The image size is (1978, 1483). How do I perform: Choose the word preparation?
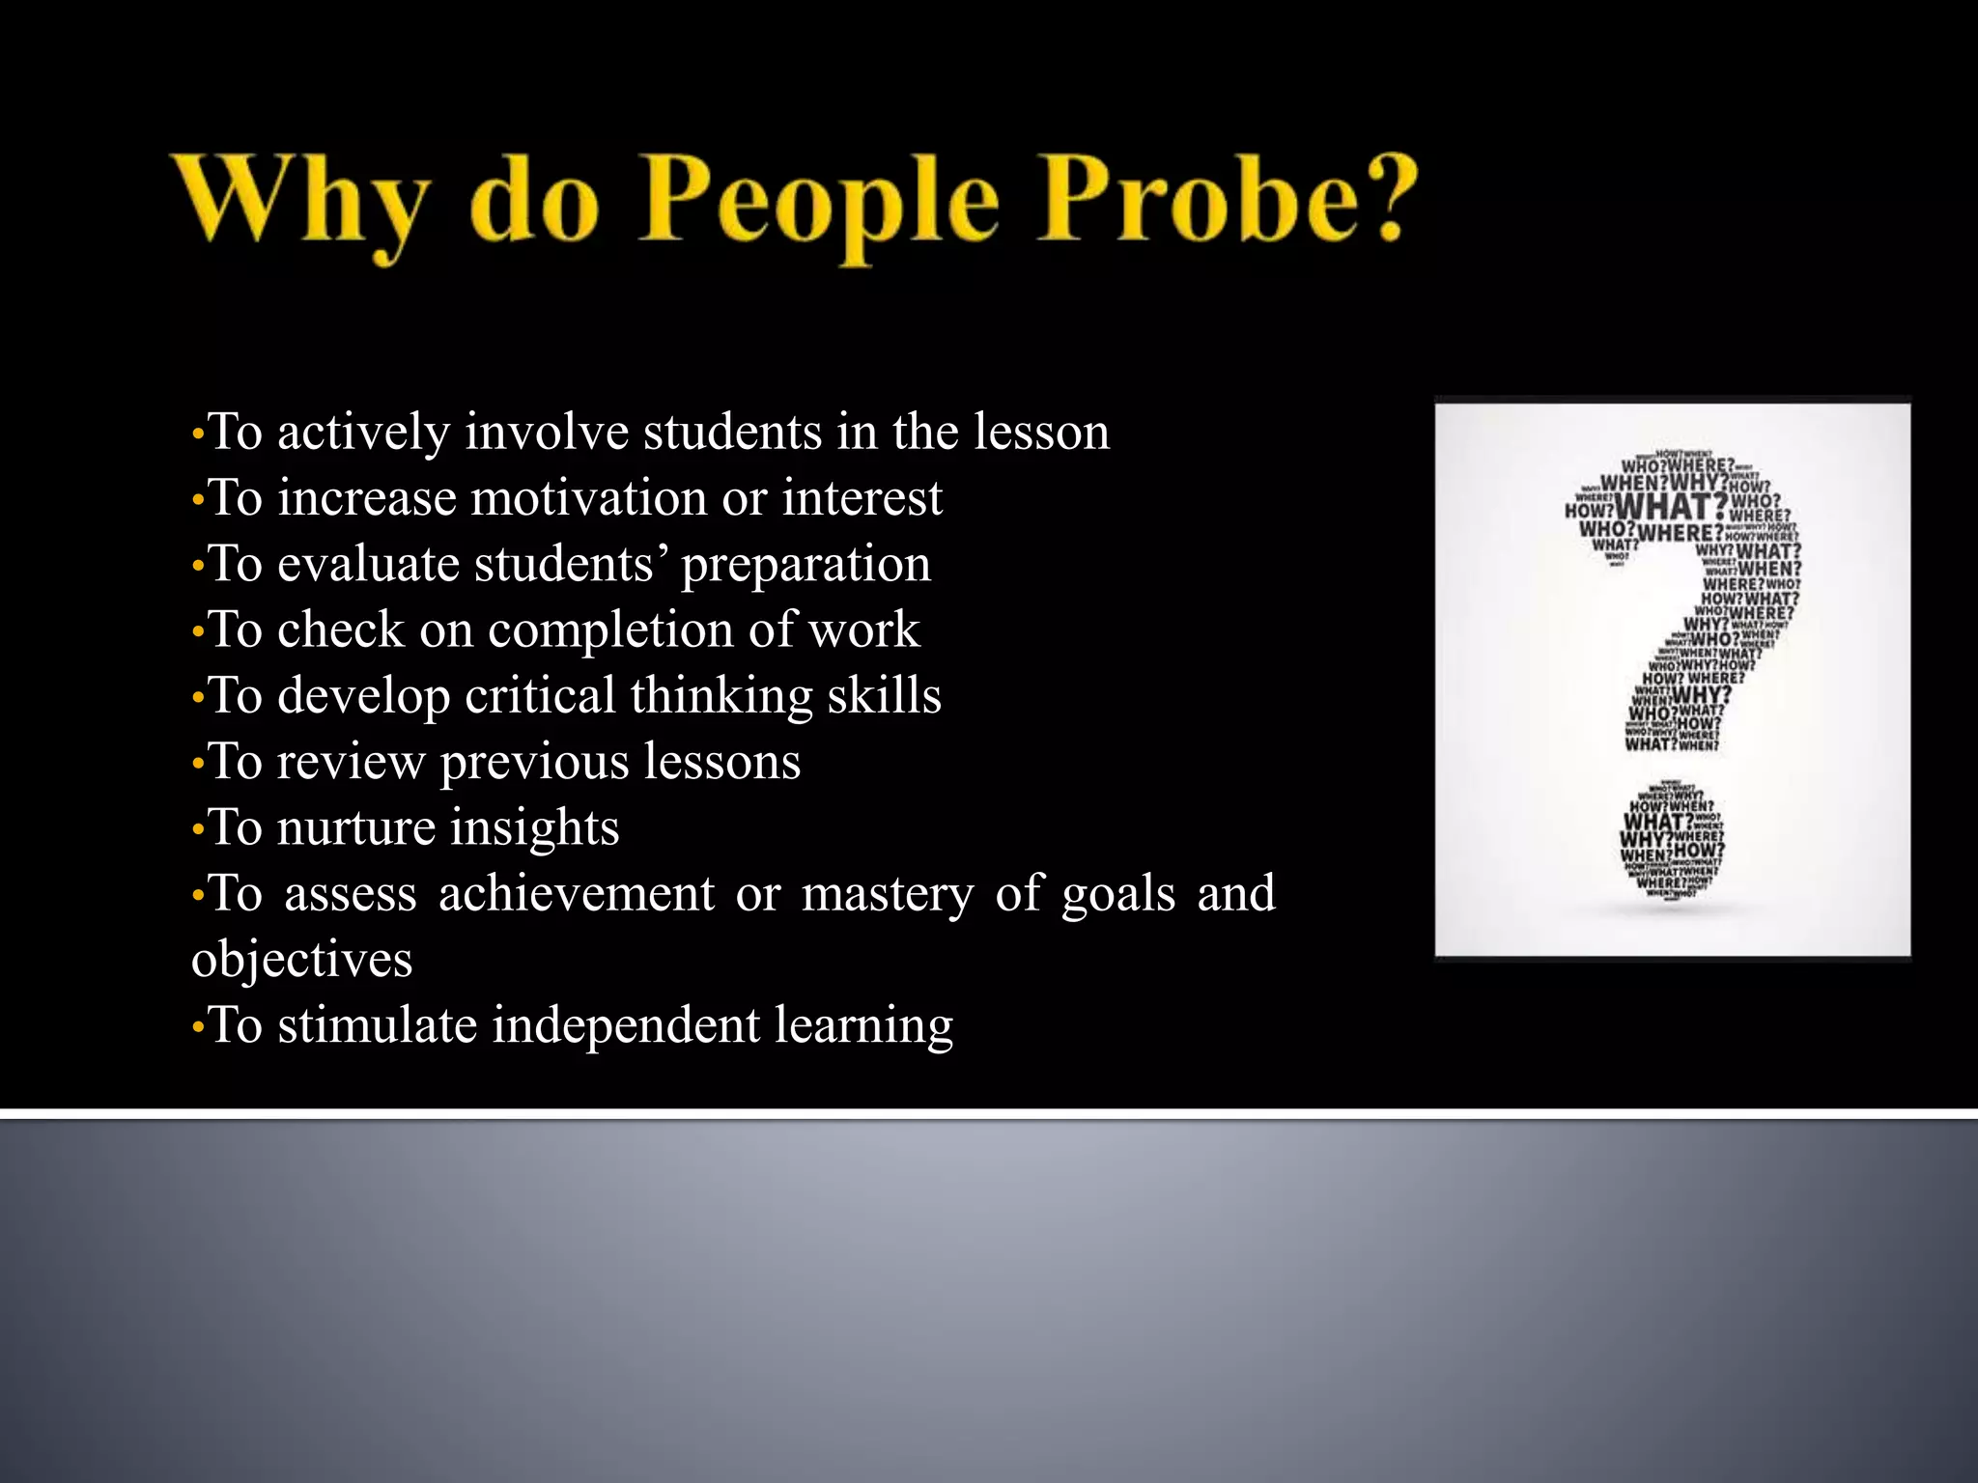[805, 565]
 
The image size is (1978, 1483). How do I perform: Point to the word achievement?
[577, 893]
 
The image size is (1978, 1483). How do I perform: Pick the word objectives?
[301, 960]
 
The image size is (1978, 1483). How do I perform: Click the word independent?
[626, 1025]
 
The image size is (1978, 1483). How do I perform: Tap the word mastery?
[888, 895]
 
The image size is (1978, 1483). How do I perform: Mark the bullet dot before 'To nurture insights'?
[198, 829]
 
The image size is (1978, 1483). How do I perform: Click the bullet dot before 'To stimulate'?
[198, 1027]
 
